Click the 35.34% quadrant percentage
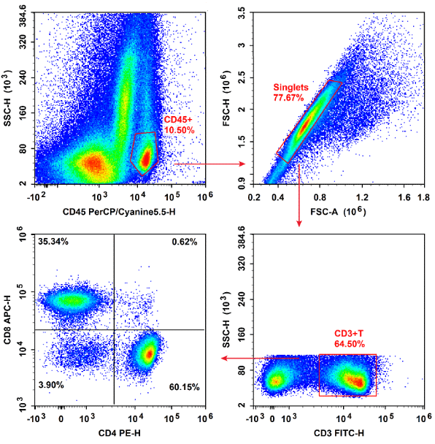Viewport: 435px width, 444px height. (x=56, y=241)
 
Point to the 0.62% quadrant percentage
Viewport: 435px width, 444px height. (x=184, y=242)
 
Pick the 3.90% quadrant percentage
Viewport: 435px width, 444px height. (x=54, y=384)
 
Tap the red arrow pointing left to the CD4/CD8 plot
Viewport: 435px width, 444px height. (x=259, y=359)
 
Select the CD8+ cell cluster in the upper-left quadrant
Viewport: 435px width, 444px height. (x=73, y=299)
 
